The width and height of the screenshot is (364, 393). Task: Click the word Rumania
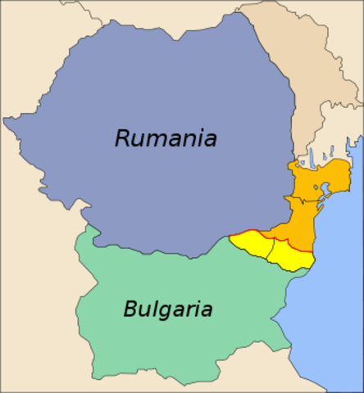click(166, 138)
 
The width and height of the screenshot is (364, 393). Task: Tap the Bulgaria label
click(168, 309)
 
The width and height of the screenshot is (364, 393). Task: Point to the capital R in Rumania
click(123, 138)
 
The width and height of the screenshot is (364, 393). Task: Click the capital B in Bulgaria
click(131, 309)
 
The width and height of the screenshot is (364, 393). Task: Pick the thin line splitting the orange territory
click(295, 201)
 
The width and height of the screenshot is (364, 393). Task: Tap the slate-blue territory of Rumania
click(164, 188)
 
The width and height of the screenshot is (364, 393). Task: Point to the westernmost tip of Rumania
click(4, 120)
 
